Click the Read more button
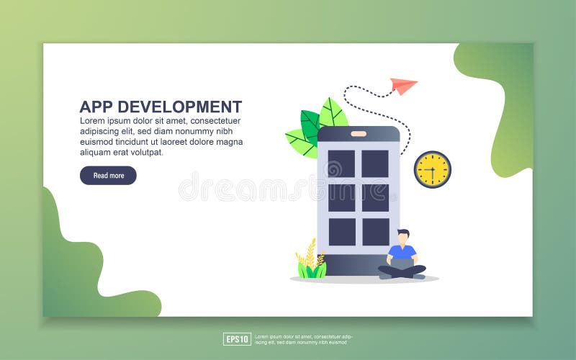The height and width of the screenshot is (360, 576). pos(108,176)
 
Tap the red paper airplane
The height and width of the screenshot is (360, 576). pos(404,86)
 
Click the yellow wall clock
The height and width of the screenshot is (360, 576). pos(432,170)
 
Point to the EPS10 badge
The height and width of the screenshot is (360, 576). pos(237,339)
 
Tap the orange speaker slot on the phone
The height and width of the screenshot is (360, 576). pos(359,134)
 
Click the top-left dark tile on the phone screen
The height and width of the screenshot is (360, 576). pos(341,163)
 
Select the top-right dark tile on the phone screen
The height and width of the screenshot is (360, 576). pos(375,163)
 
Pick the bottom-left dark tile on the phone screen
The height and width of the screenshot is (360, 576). pos(342,232)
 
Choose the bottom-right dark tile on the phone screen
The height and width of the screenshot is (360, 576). pos(375,232)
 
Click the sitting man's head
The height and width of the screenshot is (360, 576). pos(403,237)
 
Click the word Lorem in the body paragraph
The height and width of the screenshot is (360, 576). pos(94,121)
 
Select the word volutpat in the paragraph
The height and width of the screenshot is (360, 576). pos(146,152)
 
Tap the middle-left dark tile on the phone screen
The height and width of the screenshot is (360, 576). pos(342,197)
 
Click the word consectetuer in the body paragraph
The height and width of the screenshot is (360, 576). pos(215,121)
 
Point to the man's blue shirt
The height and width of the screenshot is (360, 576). pos(402,252)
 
